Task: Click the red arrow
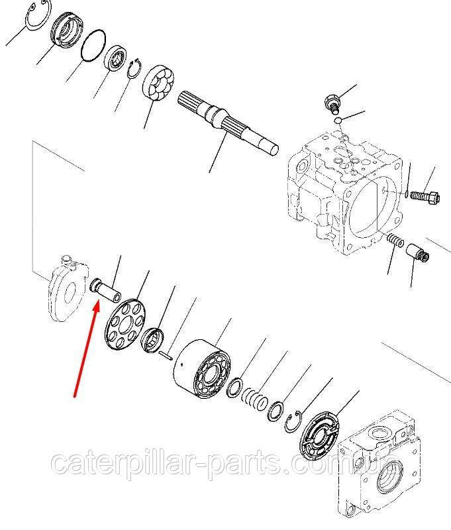tap(87, 349)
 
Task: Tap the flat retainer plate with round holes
tap(125, 325)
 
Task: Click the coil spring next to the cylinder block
tap(255, 399)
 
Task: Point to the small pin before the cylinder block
tap(166, 355)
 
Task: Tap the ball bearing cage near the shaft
tap(159, 82)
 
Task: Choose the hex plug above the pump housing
tap(332, 104)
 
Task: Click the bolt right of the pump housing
tap(425, 196)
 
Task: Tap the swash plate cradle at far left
tap(67, 288)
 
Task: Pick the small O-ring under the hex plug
tap(338, 121)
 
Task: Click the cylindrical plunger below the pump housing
tap(417, 254)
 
